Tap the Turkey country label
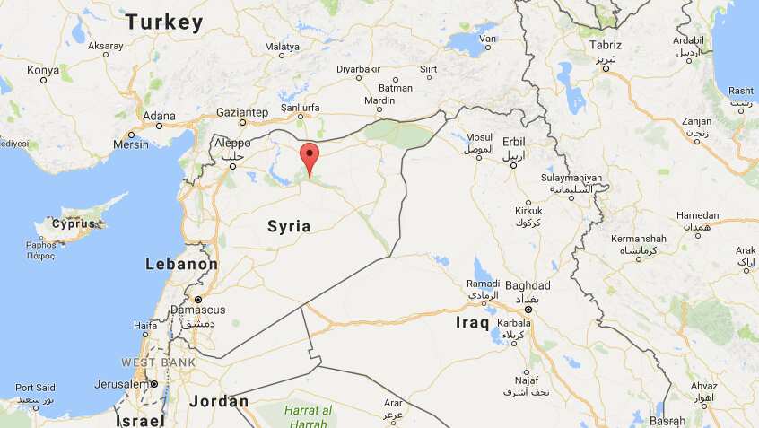[x=164, y=22]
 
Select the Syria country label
[x=289, y=226]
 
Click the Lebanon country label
[x=181, y=265]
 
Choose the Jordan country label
[x=219, y=401]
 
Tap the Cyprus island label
[x=74, y=223]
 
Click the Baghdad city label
[x=528, y=285]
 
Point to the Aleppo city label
[x=232, y=144]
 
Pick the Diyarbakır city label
[x=358, y=69]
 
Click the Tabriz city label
[x=606, y=44]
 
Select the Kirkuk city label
[x=528, y=211]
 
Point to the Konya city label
[x=42, y=69]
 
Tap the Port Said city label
[x=35, y=387]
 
